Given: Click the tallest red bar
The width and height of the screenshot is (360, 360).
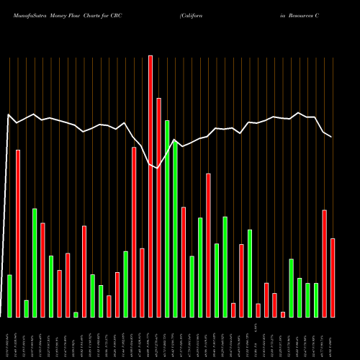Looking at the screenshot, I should click(150, 186).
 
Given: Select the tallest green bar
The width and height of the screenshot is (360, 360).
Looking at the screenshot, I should click(167, 218).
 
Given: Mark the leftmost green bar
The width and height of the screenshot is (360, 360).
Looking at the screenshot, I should click(9, 295).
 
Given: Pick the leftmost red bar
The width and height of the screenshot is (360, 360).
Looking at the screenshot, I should click(18, 233).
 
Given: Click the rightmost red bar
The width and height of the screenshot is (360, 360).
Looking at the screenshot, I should click(333, 277).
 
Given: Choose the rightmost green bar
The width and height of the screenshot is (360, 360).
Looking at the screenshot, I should click(316, 300).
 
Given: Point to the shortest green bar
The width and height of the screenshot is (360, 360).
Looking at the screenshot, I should click(76, 314).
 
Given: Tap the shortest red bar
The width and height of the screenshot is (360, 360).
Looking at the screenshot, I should click(283, 314).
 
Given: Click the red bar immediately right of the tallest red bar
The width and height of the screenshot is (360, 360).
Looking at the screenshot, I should click(158, 207).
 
